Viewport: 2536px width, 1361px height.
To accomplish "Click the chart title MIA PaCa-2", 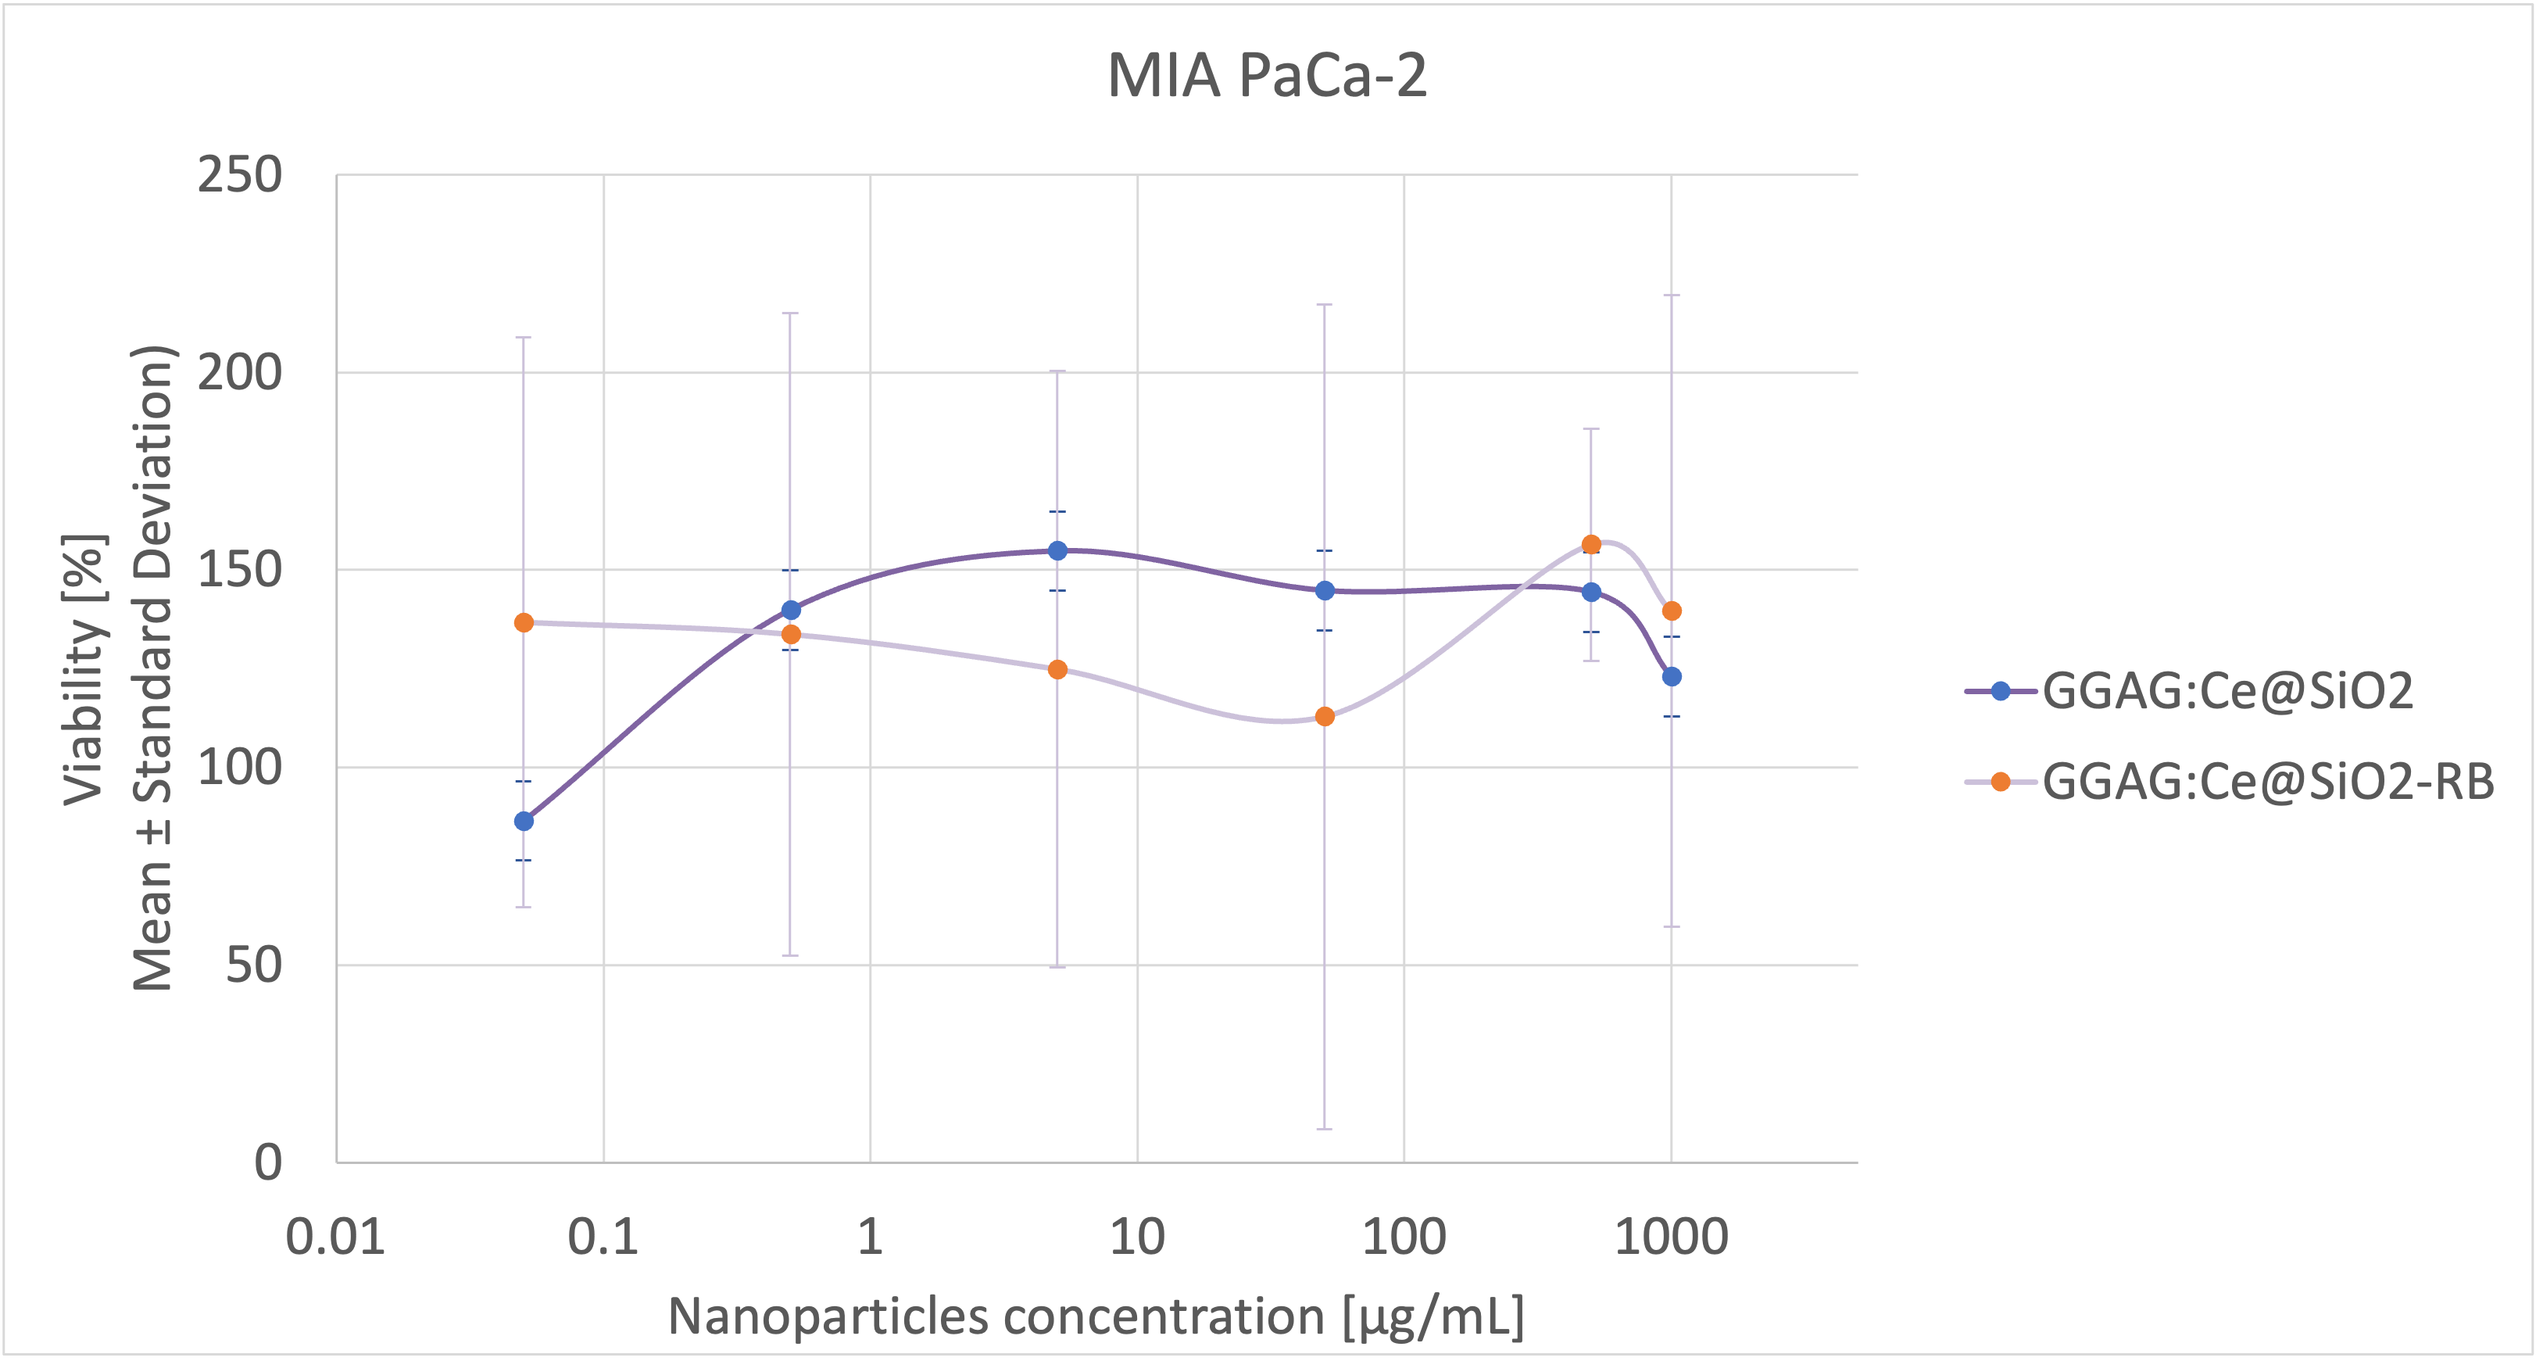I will point(1267,76).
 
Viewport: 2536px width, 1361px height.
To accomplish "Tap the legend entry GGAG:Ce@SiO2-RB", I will point(2268,782).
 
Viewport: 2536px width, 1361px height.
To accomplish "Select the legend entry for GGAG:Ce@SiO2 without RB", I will point(2227,691).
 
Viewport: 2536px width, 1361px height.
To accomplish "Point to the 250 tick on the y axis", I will point(239,176).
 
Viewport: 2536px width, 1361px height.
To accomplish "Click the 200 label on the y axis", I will point(239,373).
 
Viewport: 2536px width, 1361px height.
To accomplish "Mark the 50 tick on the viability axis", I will point(253,965).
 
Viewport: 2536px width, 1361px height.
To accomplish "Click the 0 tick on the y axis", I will point(268,1163).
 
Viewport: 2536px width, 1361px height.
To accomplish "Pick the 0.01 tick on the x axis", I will point(336,1237).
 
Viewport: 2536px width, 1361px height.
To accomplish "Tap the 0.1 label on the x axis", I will point(603,1237).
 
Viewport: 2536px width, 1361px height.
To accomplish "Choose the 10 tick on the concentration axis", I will point(1137,1237).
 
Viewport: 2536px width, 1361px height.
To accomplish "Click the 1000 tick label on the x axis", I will point(1671,1237).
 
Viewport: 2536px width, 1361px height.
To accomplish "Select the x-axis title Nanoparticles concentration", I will point(1096,1316).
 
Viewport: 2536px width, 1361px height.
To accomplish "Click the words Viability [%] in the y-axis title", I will point(84,670).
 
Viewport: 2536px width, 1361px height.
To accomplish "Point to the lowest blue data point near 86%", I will point(524,822).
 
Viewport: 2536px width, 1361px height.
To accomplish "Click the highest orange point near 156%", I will point(1591,545).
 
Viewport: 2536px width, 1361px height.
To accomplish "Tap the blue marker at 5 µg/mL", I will point(1057,550).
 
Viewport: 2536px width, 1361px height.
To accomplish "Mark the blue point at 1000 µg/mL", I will point(1672,676).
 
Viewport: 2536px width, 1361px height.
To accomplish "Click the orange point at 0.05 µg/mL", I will point(524,622).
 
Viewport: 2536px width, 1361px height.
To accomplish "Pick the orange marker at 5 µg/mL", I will point(1057,670).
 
